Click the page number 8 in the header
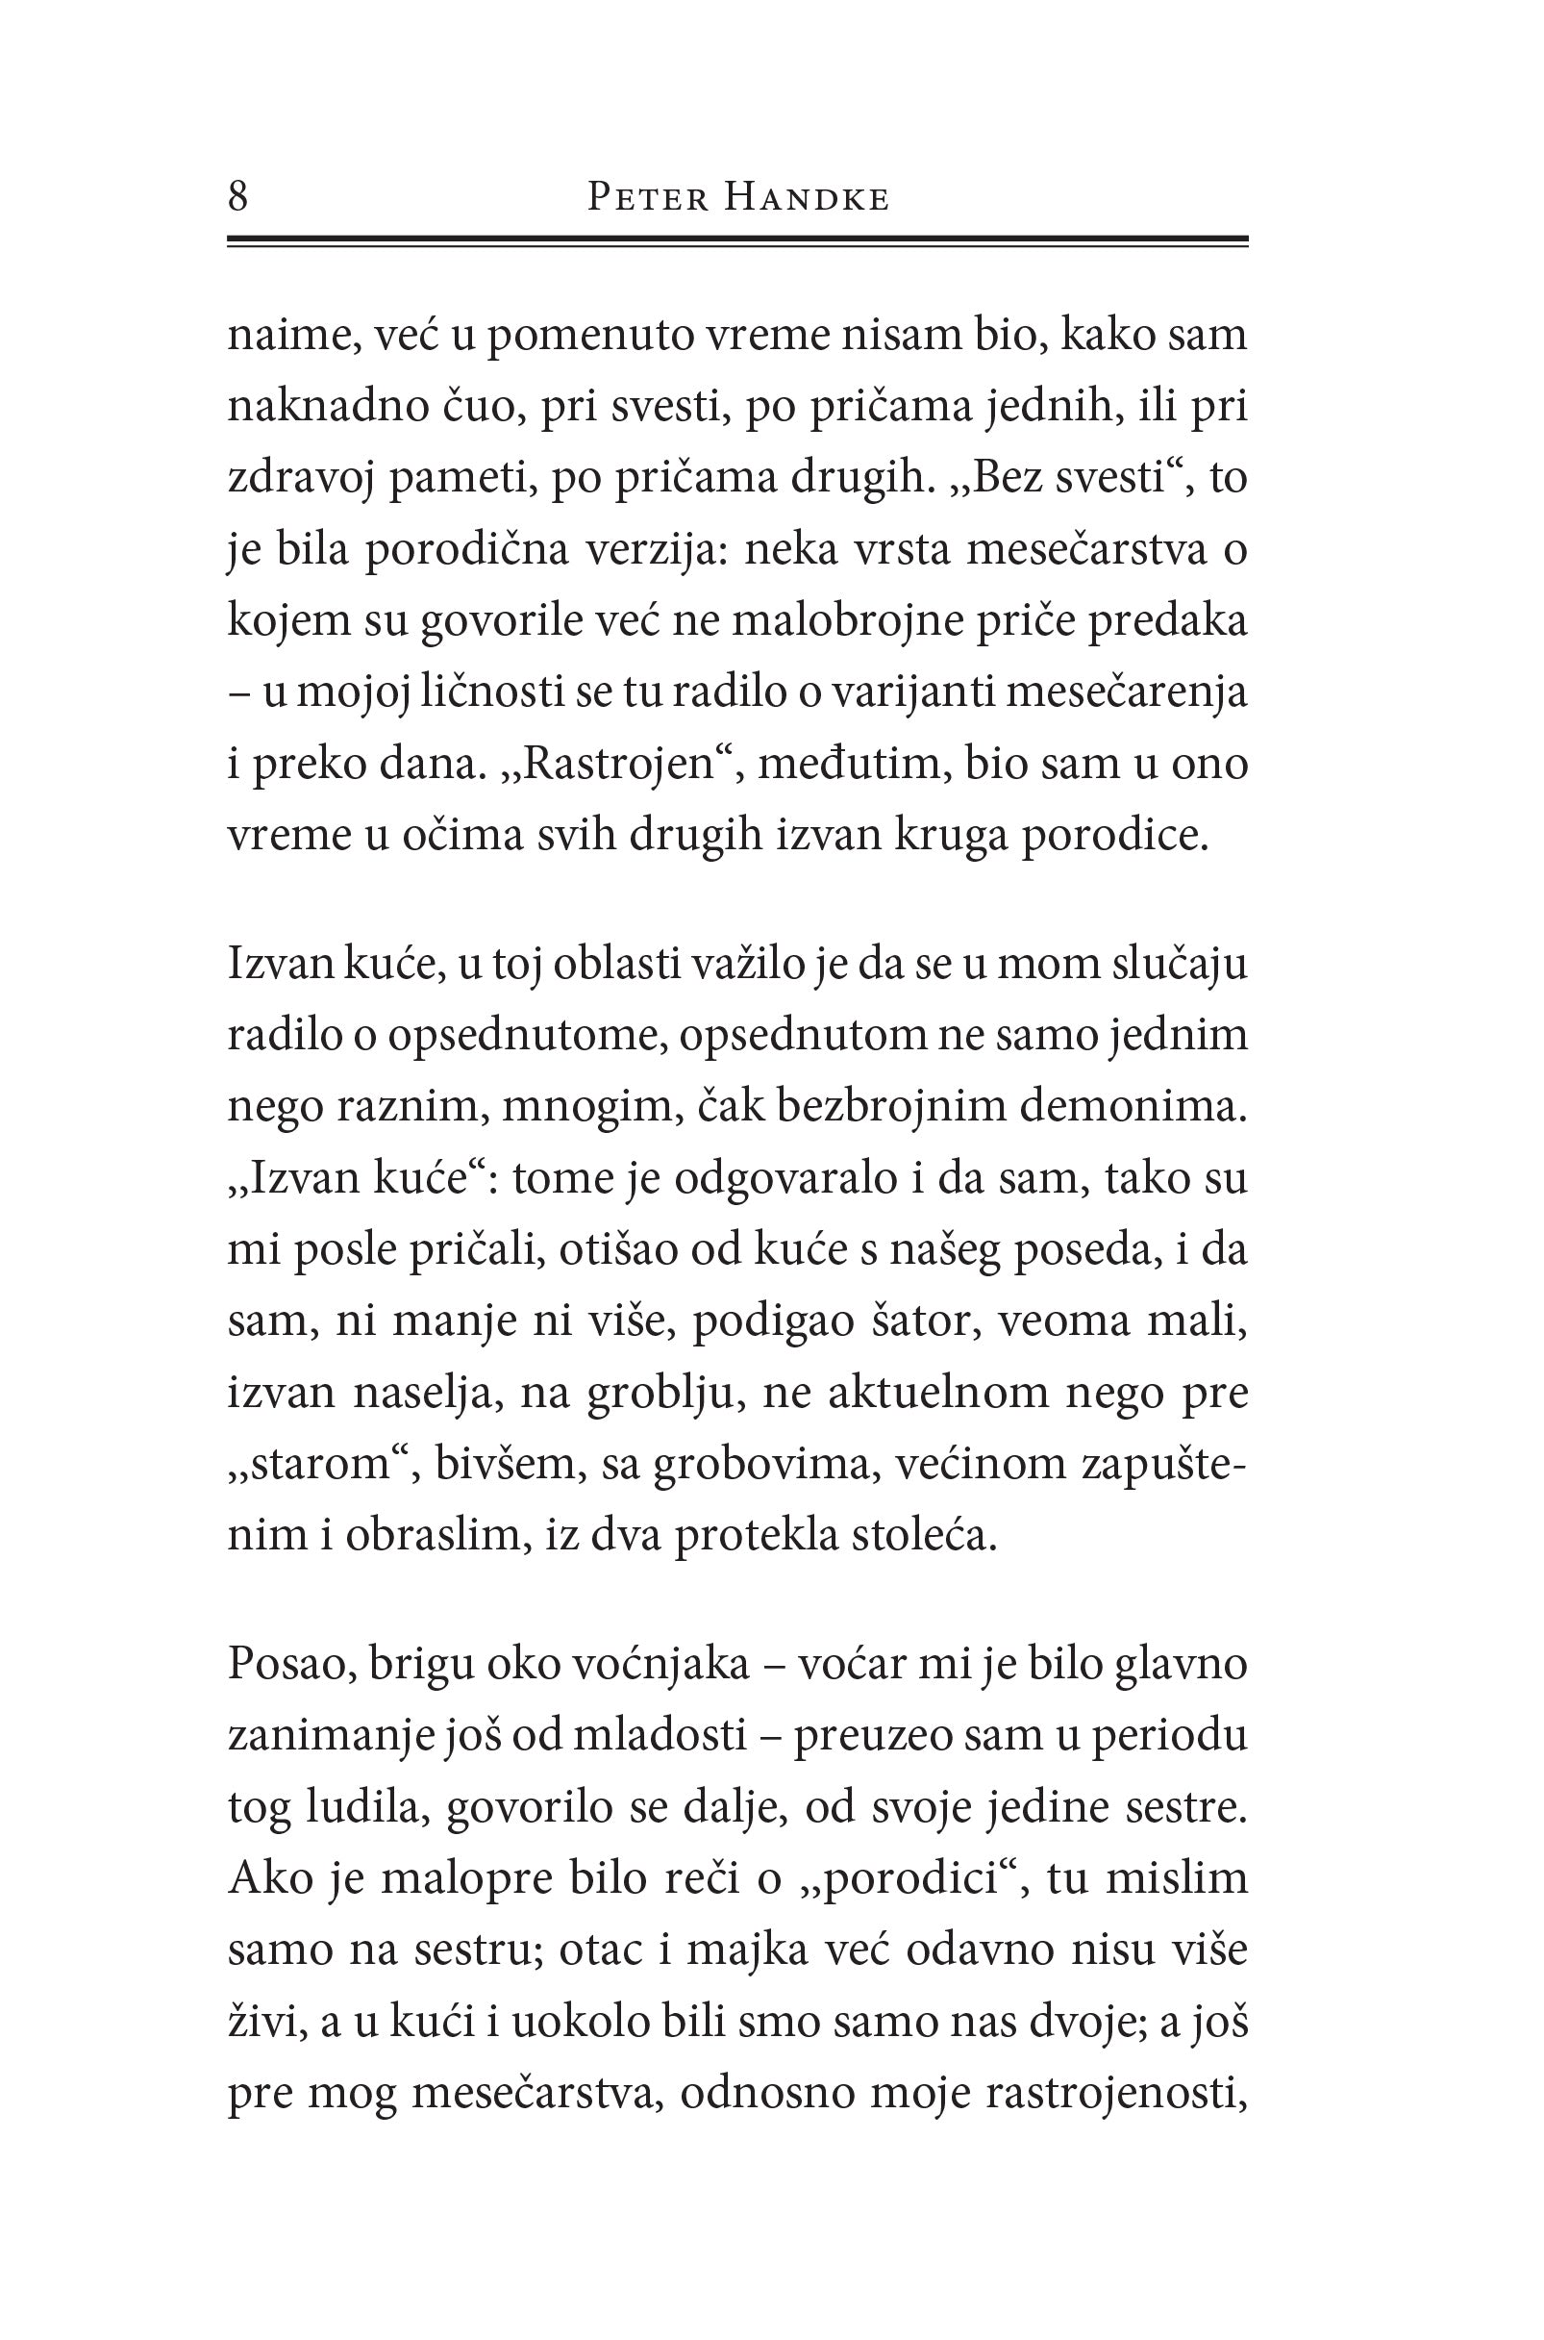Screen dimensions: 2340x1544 click(238, 197)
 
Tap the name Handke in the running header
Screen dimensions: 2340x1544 click(807, 199)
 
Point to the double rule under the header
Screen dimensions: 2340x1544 click(737, 240)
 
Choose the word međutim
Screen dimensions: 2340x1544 click(852, 764)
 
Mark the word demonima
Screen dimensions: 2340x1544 click(1133, 1106)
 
